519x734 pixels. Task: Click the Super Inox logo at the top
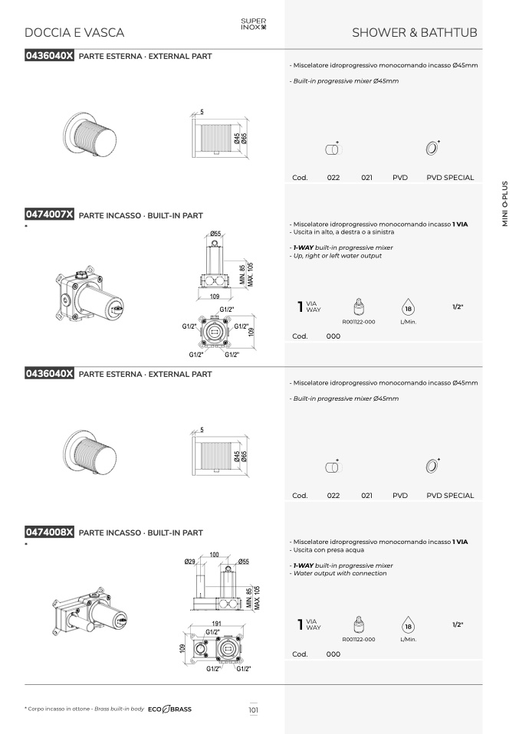[x=254, y=24]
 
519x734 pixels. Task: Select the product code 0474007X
[x=49, y=215]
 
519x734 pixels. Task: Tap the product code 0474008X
[x=49, y=532]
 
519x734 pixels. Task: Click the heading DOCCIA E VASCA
[x=74, y=33]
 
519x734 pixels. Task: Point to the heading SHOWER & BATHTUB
[x=415, y=33]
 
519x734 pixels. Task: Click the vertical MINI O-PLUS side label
[x=504, y=204]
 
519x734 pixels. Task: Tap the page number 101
[x=254, y=709]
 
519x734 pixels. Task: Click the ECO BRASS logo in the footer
[x=169, y=709]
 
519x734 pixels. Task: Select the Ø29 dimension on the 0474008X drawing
[x=189, y=562]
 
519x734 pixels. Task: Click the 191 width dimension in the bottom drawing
[x=216, y=624]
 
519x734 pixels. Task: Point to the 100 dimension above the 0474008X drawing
[x=214, y=555]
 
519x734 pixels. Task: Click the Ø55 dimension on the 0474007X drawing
[x=215, y=233]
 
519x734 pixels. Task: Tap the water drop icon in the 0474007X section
[x=408, y=307]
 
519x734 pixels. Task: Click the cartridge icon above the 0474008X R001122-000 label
[x=358, y=624]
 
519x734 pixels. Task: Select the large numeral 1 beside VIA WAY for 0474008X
[x=301, y=624]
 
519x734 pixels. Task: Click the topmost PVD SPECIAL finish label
[x=450, y=178]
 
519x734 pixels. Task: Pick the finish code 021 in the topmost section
[x=366, y=178]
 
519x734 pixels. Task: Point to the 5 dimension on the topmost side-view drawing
[x=202, y=112]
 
